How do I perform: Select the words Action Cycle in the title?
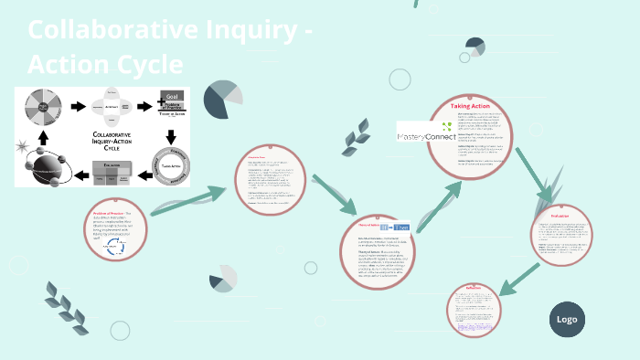point(105,65)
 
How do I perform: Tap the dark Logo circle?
point(567,319)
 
